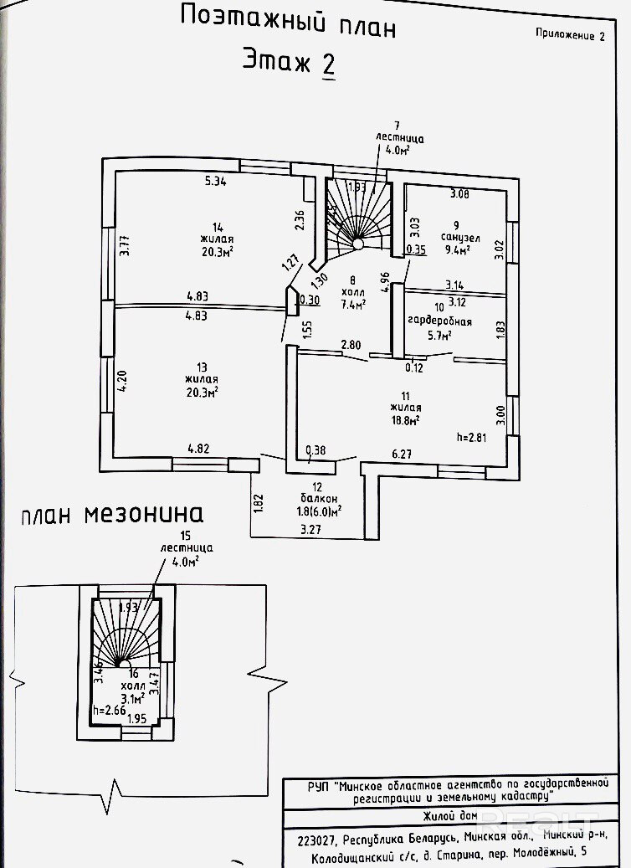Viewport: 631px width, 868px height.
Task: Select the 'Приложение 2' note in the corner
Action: coord(569,35)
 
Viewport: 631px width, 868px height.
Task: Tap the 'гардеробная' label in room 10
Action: coord(439,321)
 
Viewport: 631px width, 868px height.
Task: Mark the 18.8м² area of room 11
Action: coord(404,420)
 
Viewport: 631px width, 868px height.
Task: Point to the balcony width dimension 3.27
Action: coord(312,529)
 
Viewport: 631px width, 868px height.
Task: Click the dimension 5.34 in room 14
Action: coord(216,180)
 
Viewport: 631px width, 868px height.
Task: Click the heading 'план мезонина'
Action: coord(112,513)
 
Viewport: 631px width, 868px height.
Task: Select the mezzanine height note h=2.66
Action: coord(109,711)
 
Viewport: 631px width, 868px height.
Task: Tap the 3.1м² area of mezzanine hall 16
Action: coord(133,694)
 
